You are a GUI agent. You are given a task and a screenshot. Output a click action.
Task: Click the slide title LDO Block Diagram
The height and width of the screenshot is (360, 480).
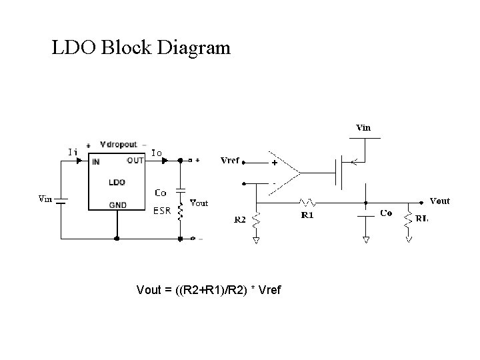[141, 48]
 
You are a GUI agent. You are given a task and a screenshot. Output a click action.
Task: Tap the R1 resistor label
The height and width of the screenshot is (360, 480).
[307, 215]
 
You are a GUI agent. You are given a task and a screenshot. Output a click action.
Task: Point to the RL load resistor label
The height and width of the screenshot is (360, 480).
[422, 217]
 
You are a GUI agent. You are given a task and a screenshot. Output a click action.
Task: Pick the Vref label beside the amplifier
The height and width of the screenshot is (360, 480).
[230, 161]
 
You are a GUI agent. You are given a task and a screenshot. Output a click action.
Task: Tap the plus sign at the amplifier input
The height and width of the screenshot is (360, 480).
[273, 162]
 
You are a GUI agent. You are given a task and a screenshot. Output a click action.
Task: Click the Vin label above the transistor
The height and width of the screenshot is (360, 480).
[364, 127]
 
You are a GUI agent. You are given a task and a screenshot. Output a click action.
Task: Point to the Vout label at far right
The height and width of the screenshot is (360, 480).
[439, 201]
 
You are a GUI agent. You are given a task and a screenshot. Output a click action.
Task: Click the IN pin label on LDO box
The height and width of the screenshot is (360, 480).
[96, 161]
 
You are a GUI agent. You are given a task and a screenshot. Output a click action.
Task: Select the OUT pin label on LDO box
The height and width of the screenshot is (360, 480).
[135, 160]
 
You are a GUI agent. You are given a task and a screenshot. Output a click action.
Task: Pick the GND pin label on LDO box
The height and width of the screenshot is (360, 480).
[117, 205]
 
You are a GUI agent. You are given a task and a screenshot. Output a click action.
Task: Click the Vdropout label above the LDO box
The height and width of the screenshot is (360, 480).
[118, 144]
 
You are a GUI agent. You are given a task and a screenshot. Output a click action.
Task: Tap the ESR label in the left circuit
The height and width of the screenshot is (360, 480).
[162, 212]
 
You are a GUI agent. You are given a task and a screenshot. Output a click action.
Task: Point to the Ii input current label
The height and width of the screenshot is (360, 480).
[73, 151]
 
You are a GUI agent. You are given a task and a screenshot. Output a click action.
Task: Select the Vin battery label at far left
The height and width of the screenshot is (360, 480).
[45, 198]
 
